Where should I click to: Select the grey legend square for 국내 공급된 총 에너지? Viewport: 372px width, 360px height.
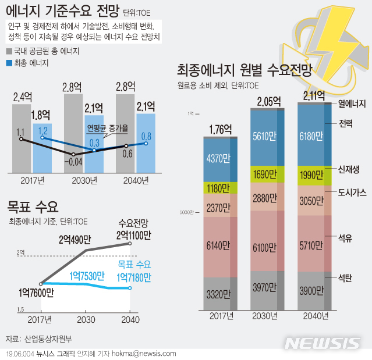pyautogui.click(x=9, y=51)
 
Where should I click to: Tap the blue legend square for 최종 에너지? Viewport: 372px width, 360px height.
pyautogui.click(x=9, y=62)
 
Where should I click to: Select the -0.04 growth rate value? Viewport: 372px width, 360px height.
pyautogui.click(x=74, y=162)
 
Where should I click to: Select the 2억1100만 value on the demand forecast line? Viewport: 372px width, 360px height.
pyautogui.click(x=134, y=236)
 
